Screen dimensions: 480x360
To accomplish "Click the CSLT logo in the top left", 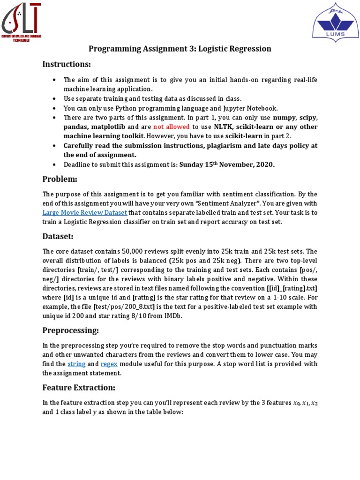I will tap(22, 22).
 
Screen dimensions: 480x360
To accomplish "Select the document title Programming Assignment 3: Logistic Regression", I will tap(180, 49).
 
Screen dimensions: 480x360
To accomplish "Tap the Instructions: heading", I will tap(67, 64).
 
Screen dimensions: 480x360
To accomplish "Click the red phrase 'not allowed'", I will tap(172, 127).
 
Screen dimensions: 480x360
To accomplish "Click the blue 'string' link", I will tap(75, 364).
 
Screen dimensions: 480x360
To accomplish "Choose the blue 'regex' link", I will tap(109, 364).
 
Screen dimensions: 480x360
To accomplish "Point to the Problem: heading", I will tap(60, 179).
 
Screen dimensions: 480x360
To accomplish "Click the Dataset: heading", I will tap(58, 237).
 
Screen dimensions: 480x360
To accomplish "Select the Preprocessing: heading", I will tap(70, 331).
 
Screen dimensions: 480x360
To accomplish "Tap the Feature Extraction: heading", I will tap(79, 388).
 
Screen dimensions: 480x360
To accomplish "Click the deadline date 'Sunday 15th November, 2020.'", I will tap(227, 164).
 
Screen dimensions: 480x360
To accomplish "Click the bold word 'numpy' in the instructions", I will tap(285, 117).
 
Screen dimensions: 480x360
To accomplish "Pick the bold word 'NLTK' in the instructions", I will tap(223, 127).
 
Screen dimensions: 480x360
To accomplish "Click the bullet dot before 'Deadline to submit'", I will tap(55, 165).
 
